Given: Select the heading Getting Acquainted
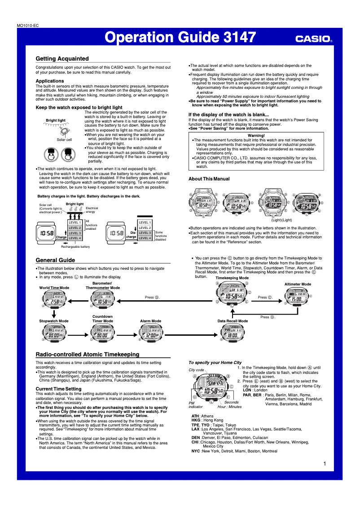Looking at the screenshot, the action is point(62,59).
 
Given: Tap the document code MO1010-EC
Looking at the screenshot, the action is point(28,26).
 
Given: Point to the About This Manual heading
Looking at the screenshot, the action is point(209,179).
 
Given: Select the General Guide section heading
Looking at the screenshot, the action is point(55,260).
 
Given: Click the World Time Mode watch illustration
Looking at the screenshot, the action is point(54,299).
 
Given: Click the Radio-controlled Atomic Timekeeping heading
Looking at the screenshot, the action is point(88,355).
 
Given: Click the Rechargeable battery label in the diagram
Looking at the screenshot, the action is point(75,247).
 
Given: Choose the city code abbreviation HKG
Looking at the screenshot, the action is point(196,420).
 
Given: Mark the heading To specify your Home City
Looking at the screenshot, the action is point(215,362).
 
